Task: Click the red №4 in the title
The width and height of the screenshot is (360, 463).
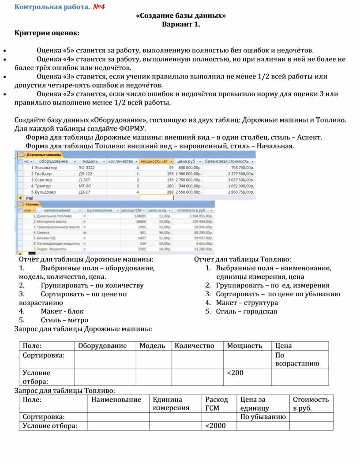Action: [99, 7]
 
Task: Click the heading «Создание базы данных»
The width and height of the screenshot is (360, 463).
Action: [181, 16]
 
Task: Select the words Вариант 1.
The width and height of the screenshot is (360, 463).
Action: [181, 24]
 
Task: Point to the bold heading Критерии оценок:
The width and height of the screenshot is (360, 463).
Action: [47, 33]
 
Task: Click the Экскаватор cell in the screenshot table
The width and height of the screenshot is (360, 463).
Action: [46, 168]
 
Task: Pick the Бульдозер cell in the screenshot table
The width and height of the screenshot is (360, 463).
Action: [46, 192]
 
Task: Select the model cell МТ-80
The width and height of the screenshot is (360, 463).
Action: [85, 186]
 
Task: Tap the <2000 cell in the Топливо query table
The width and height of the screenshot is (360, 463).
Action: [215, 426]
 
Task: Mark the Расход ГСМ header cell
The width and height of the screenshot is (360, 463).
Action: [217, 403]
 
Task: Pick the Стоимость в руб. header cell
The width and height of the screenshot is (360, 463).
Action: [311, 403]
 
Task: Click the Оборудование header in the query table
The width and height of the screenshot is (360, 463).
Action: [102, 346]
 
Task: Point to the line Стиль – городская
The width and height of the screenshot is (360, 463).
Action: [247, 312]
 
